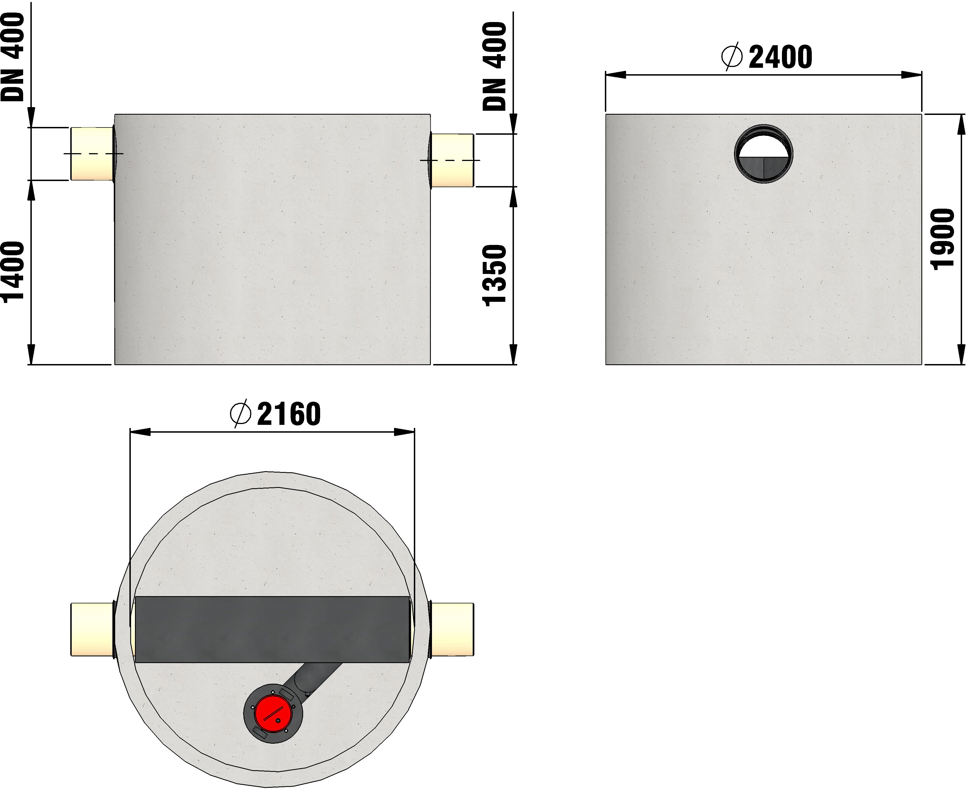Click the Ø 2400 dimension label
click(767, 57)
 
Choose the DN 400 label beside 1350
click(494, 66)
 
